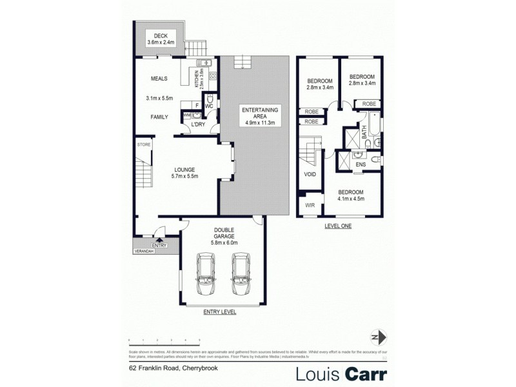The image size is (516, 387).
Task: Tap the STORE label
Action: (143, 145)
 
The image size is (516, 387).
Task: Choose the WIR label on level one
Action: (309, 206)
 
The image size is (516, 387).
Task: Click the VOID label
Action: (309, 174)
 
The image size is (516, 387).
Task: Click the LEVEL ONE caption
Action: (338, 226)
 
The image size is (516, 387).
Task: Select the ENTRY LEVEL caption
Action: (219, 312)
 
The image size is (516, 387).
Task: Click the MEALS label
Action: (159, 79)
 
